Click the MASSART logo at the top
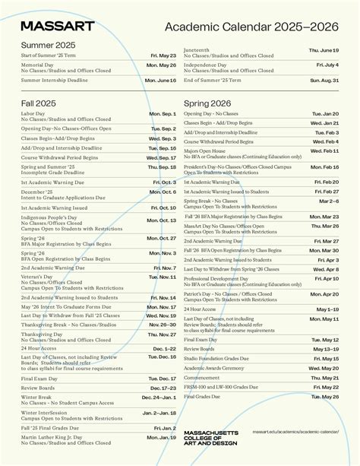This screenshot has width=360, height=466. click(58, 27)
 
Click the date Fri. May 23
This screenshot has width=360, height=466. click(163, 55)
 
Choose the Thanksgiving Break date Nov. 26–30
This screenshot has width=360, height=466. click(163, 325)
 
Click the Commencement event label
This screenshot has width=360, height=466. click(202, 377)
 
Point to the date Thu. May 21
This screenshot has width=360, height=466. click(324, 377)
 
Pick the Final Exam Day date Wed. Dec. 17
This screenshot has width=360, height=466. click(163, 378)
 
